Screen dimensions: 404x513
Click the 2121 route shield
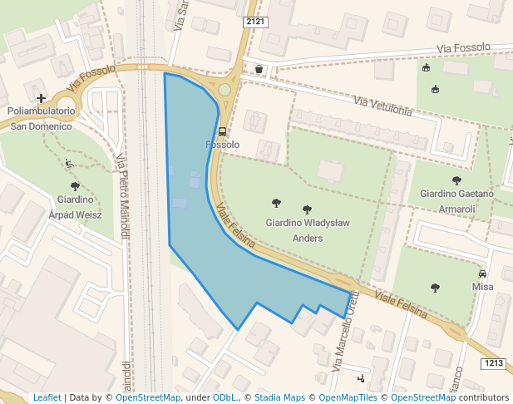255,21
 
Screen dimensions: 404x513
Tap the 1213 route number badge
493,363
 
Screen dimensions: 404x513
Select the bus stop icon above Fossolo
222,131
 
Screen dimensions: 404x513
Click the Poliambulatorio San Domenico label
41,118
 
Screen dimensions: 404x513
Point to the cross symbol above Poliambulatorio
41,98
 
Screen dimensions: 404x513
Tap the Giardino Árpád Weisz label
75,206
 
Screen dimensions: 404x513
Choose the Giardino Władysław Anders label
307,230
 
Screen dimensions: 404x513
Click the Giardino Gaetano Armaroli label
456,200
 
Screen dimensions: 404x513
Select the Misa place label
482,287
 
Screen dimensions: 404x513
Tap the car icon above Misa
482,273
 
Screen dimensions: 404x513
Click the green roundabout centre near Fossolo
224,90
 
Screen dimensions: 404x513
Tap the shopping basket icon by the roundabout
259,69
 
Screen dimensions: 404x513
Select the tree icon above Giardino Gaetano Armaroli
456,180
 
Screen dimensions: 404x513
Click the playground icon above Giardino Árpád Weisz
69,163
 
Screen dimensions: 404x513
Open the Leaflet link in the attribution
47,398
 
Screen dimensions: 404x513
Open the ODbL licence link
224,398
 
